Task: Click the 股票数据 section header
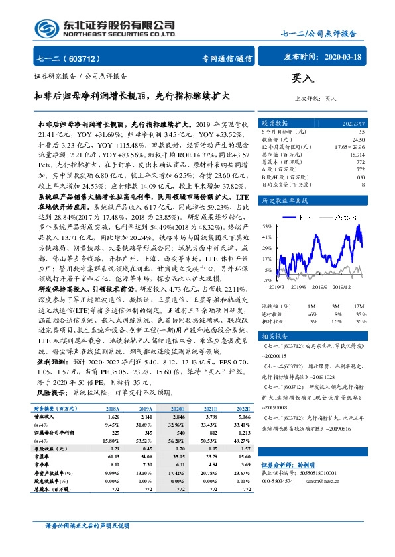pos(274,123)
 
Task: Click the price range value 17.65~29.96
pos(349,146)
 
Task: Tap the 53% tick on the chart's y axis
pos(268,224)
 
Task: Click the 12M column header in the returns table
pos(359,306)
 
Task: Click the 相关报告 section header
pos(274,337)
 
